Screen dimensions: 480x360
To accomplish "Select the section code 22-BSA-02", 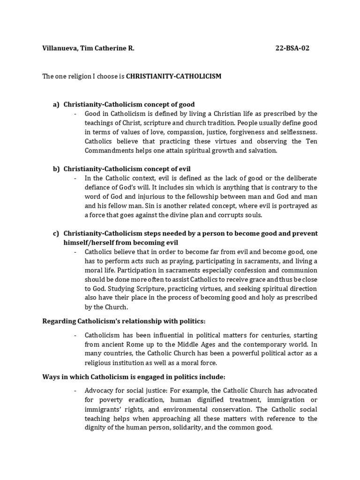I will (x=292, y=48).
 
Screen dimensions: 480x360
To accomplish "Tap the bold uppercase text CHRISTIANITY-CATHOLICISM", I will (x=173, y=76).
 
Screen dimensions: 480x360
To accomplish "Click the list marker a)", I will (x=56, y=104).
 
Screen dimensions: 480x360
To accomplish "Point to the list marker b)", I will (x=56, y=168).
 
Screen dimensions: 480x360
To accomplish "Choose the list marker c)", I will (x=56, y=233).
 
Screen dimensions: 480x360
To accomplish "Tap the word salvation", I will (x=263, y=150).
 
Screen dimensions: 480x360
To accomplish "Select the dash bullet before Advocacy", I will (x=76, y=390).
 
